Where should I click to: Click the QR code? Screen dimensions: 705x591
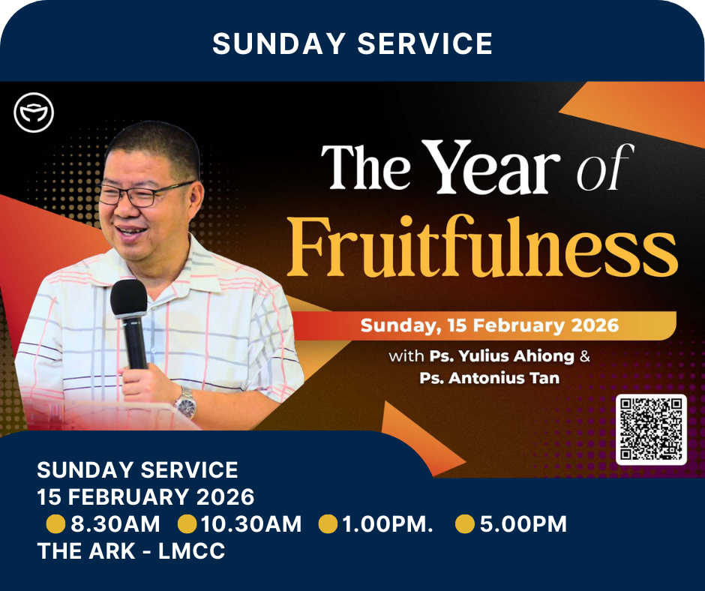651,430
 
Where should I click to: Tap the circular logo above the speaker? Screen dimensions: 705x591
34,112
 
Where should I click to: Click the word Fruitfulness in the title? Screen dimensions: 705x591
482,248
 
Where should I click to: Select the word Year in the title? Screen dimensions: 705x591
493,166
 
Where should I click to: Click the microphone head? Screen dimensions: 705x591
128,297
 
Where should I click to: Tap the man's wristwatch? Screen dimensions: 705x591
185,403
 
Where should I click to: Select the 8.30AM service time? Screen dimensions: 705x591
115,524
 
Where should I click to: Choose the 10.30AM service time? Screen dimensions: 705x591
251,524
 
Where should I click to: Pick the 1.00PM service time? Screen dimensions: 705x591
388,524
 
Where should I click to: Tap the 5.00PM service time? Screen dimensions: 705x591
523,524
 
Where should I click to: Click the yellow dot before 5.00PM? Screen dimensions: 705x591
465,524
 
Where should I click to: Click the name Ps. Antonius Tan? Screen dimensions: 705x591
489,378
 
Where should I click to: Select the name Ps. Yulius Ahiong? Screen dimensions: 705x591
502,356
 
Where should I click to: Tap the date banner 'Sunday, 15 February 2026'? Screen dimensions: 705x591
489,325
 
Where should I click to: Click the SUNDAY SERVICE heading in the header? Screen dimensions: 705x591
352,43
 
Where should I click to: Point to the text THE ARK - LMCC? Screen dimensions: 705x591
130,551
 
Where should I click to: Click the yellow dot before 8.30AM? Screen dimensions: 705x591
55,524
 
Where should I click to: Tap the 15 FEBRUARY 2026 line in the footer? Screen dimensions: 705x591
145,497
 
